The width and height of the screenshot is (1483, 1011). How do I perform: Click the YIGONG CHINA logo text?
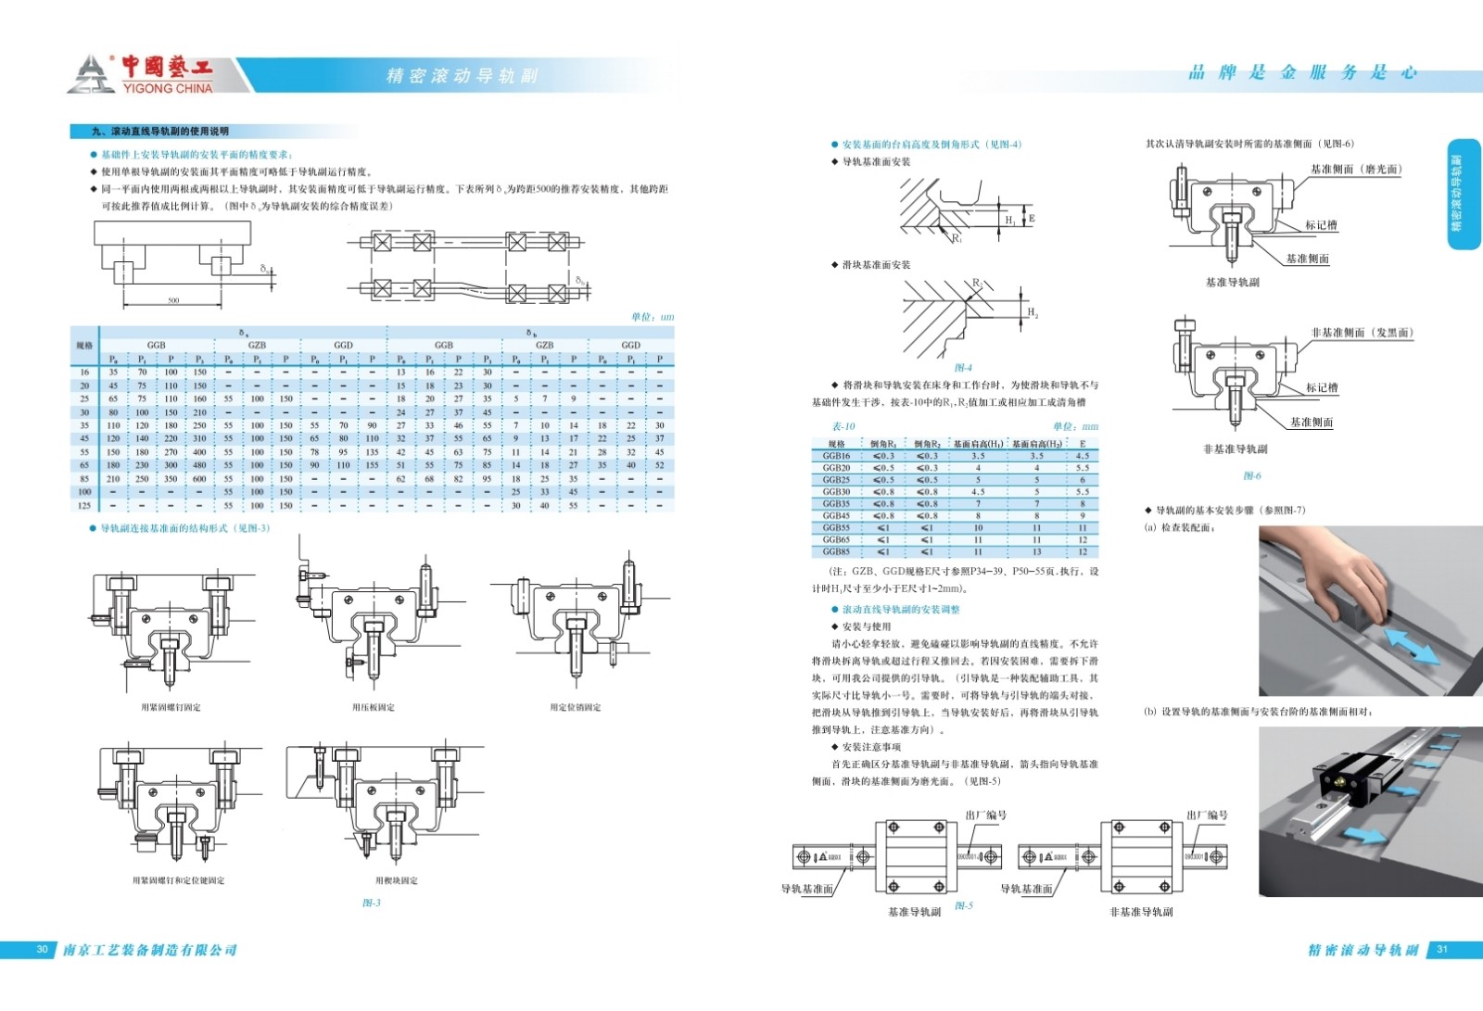(167, 89)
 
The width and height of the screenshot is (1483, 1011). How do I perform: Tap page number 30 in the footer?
(42, 949)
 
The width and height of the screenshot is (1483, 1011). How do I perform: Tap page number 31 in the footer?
(1442, 949)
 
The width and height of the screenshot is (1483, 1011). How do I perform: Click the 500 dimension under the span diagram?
(173, 300)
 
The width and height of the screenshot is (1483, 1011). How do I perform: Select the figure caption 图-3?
(371, 903)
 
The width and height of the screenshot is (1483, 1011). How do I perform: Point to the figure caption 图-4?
(963, 368)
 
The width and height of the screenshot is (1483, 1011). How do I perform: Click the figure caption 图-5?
(964, 905)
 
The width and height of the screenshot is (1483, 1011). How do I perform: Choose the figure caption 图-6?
(1252, 475)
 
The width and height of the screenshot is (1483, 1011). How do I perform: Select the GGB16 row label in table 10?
(836, 456)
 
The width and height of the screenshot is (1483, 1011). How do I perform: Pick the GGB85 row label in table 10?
(836, 551)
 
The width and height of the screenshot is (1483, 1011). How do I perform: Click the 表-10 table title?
(843, 426)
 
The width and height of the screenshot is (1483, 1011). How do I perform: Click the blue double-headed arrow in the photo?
(1411, 645)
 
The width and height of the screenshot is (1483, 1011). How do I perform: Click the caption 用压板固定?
(373, 707)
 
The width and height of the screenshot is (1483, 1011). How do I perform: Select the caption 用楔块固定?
(396, 880)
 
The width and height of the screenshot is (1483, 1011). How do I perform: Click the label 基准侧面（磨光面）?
(1355, 170)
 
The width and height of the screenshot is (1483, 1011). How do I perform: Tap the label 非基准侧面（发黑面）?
(1362, 333)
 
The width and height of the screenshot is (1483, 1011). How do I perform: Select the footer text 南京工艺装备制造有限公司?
(150, 950)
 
